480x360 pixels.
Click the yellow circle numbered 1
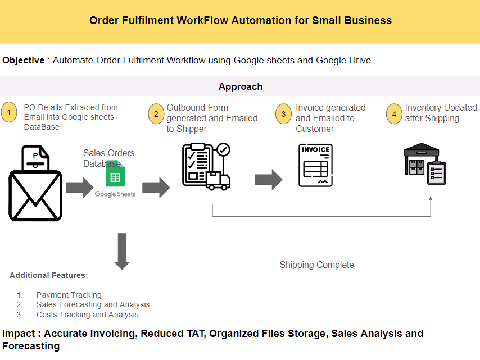(10, 113)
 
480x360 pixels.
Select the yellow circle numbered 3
(284, 114)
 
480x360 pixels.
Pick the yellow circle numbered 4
(395, 114)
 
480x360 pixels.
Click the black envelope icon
(35, 194)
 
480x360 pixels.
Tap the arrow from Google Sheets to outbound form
(156, 186)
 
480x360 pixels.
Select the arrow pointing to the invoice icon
(268, 179)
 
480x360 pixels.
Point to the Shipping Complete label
(316, 265)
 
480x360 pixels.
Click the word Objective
(24, 60)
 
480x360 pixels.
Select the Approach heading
(240, 86)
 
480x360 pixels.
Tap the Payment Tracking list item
(69, 295)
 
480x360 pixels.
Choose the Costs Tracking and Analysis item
(87, 315)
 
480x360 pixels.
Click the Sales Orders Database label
(108, 158)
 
